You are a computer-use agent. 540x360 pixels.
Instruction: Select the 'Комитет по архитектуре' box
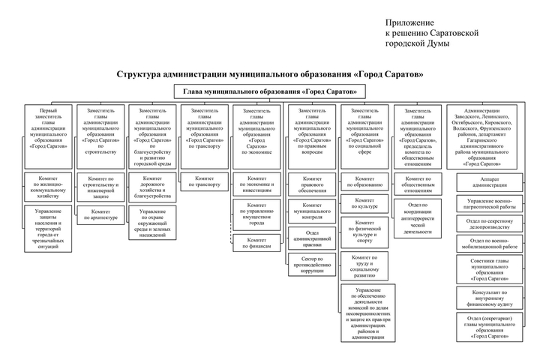(x=101, y=214)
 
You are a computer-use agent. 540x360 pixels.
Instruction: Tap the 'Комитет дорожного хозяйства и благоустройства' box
(x=152, y=187)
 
